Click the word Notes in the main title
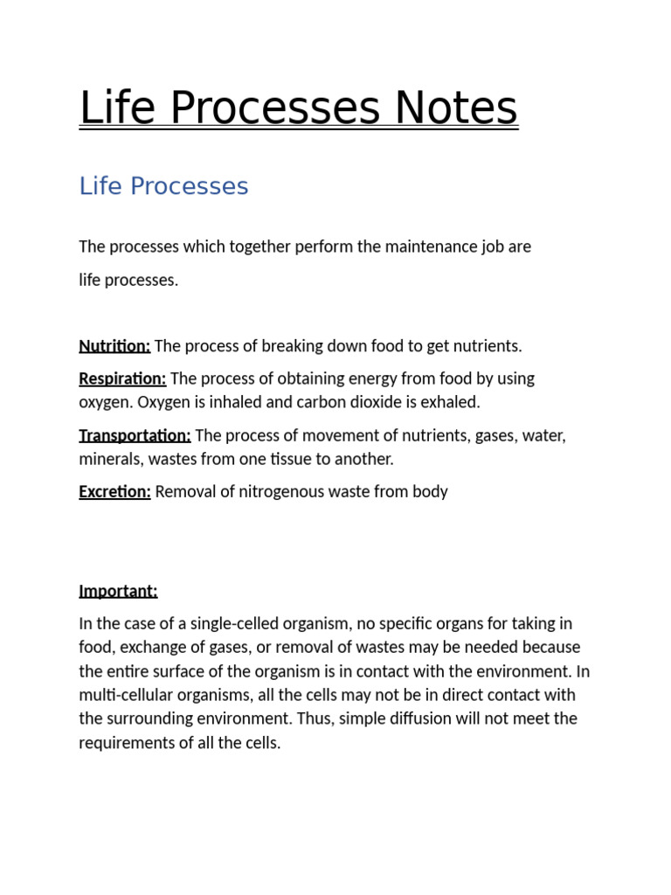coord(456,108)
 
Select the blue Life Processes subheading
coord(163,186)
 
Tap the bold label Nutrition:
coord(114,346)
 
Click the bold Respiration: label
coord(122,378)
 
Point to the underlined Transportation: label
coord(135,435)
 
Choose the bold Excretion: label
coord(114,491)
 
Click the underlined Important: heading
coord(118,591)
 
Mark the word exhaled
coord(453,402)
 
